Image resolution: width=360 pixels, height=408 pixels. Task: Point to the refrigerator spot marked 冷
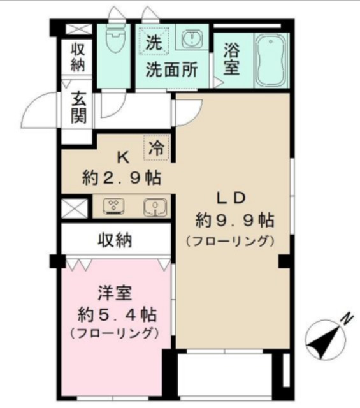[156, 149]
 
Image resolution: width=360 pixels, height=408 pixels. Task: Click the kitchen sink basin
[153, 206]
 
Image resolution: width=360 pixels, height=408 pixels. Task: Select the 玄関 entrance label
[79, 108]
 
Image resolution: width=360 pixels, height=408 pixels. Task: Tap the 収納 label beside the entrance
[78, 55]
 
